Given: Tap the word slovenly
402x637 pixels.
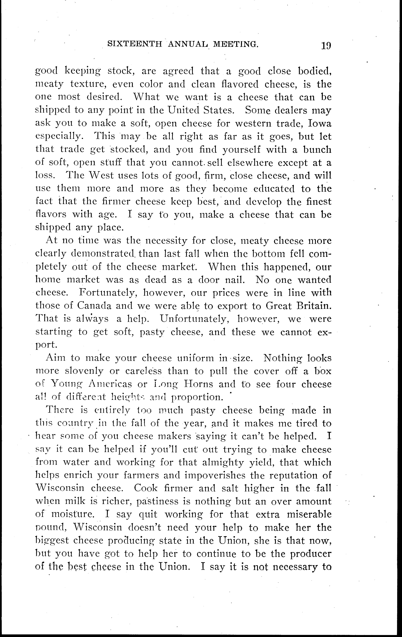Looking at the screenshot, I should (84, 371).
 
